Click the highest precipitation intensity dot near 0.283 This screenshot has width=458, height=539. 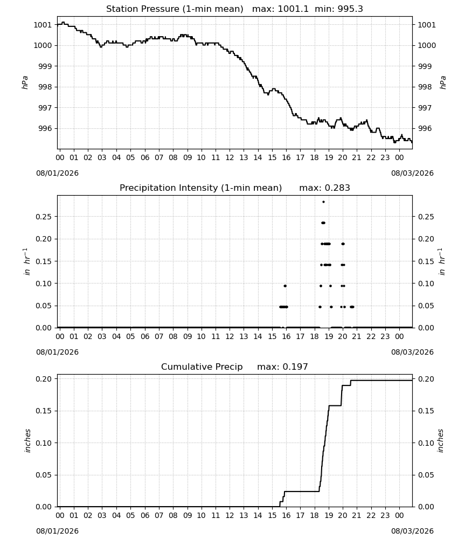(x=323, y=202)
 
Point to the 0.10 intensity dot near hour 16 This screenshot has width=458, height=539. (x=285, y=286)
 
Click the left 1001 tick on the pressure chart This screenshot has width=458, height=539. (x=43, y=25)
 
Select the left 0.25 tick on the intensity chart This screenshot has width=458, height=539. (x=44, y=217)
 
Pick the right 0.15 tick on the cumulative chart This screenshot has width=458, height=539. (x=426, y=411)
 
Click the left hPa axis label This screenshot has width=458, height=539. (x=25, y=82)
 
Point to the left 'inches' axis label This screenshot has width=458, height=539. (x=27, y=440)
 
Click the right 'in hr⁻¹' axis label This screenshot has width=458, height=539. (x=442, y=261)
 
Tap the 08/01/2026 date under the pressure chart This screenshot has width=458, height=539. (x=57, y=173)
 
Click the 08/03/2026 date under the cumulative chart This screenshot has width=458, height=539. (x=412, y=531)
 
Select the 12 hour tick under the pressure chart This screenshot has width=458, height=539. (x=230, y=157)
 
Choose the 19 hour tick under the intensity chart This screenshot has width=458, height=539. (x=329, y=336)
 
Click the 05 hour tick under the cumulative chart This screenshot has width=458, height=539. (x=130, y=515)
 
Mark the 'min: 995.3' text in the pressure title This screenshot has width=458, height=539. (x=339, y=9)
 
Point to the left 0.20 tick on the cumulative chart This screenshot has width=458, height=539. (x=44, y=379)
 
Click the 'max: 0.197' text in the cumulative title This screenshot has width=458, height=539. (x=282, y=367)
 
